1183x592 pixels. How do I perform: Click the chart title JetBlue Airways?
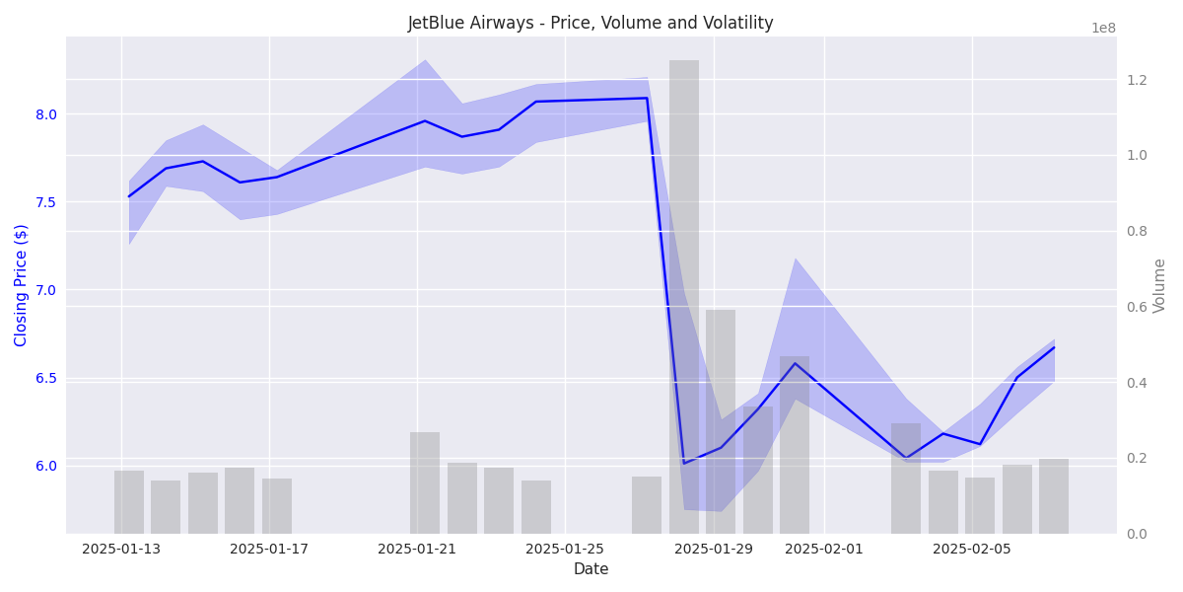click(591, 23)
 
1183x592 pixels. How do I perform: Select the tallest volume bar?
click(684, 296)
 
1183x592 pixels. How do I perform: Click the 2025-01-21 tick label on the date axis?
click(417, 549)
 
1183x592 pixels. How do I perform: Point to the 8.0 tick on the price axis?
click(46, 114)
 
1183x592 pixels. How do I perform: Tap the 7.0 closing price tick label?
click(46, 290)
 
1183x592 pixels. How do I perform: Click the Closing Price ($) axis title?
click(22, 285)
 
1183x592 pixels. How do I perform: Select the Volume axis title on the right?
click(1159, 285)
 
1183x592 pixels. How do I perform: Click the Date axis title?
click(591, 569)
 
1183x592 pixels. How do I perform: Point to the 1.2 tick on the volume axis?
click(1137, 80)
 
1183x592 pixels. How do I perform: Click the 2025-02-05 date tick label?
click(972, 549)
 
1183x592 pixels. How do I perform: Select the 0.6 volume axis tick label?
click(1137, 307)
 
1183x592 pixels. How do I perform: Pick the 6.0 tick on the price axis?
click(46, 466)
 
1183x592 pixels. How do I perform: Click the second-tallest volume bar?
click(721, 421)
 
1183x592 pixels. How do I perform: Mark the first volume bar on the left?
click(129, 502)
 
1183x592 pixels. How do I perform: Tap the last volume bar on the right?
click(1054, 496)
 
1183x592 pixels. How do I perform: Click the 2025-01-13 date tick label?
click(121, 549)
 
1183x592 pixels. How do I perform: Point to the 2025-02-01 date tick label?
click(824, 549)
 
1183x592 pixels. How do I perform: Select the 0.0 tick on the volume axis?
click(1137, 534)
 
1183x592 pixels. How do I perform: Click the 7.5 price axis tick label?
click(46, 202)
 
